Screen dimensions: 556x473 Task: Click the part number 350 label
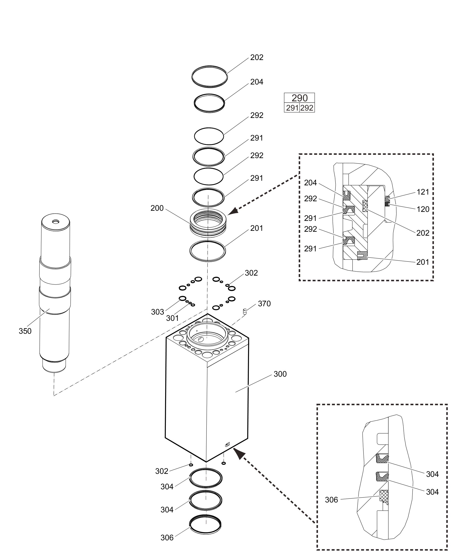click(x=25, y=331)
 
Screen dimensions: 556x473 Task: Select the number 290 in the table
click(x=299, y=98)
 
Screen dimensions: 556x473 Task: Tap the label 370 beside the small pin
click(x=264, y=304)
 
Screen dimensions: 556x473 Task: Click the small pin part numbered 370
click(x=244, y=311)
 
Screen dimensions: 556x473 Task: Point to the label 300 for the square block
click(x=280, y=374)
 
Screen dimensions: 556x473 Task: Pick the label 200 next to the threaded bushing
click(x=157, y=208)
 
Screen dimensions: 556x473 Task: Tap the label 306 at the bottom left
click(x=167, y=538)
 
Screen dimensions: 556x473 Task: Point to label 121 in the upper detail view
click(x=423, y=192)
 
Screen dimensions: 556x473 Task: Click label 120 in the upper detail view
click(x=423, y=209)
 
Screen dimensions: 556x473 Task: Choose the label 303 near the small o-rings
click(x=158, y=312)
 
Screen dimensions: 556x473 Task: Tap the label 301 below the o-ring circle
click(x=172, y=318)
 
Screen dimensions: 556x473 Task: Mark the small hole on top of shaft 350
click(x=56, y=222)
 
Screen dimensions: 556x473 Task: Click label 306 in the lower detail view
click(x=331, y=500)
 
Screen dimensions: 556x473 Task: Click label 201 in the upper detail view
click(x=423, y=262)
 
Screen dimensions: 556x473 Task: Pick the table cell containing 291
click(x=292, y=108)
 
